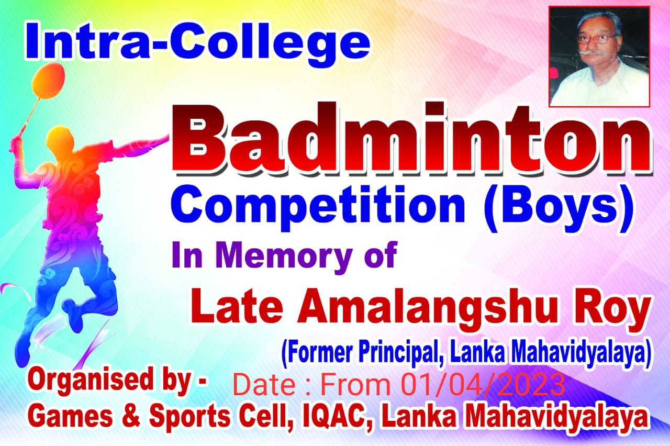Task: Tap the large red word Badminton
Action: [411, 139]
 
